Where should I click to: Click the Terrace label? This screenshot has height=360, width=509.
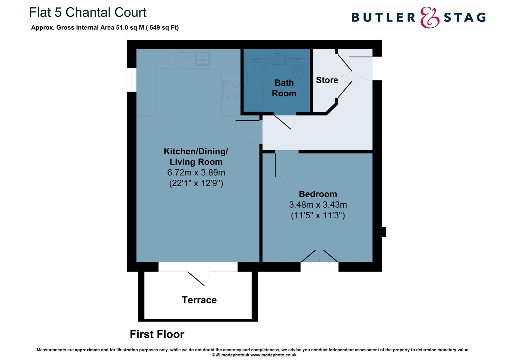pyautogui.click(x=199, y=300)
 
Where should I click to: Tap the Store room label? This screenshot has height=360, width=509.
pyautogui.click(x=327, y=80)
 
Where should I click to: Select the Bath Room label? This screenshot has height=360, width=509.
pyautogui.click(x=284, y=88)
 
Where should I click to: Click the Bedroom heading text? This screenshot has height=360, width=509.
pyautogui.click(x=318, y=194)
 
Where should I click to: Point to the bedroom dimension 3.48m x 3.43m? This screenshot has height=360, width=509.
pyautogui.click(x=318, y=205)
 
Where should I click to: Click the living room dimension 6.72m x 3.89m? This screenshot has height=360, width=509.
pyautogui.click(x=196, y=173)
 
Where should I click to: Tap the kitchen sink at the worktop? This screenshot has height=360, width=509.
pyautogui.click(x=193, y=59)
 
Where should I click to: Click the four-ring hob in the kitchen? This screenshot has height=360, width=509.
pyautogui.click(x=231, y=89)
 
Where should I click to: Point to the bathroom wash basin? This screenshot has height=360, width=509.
pyautogui.click(x=277, y=59)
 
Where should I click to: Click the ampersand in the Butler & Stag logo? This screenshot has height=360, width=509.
pyautogui.click(x=429, y=18)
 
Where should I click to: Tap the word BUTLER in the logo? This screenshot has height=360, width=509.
pyautogui.click(x=383, y=18)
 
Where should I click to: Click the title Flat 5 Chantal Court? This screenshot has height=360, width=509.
pyautogui.click(x=88, y=12)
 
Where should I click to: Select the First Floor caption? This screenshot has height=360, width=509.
pyautogui.click(x=157, y=334)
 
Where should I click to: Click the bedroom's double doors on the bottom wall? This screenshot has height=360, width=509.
pyautogui.click(x=319, y=256)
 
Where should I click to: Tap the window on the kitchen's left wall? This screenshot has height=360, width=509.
pyautogui.click(x=132, y=80)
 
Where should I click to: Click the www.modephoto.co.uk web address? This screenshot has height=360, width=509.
pyautogui.click(x=273, y=355)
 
